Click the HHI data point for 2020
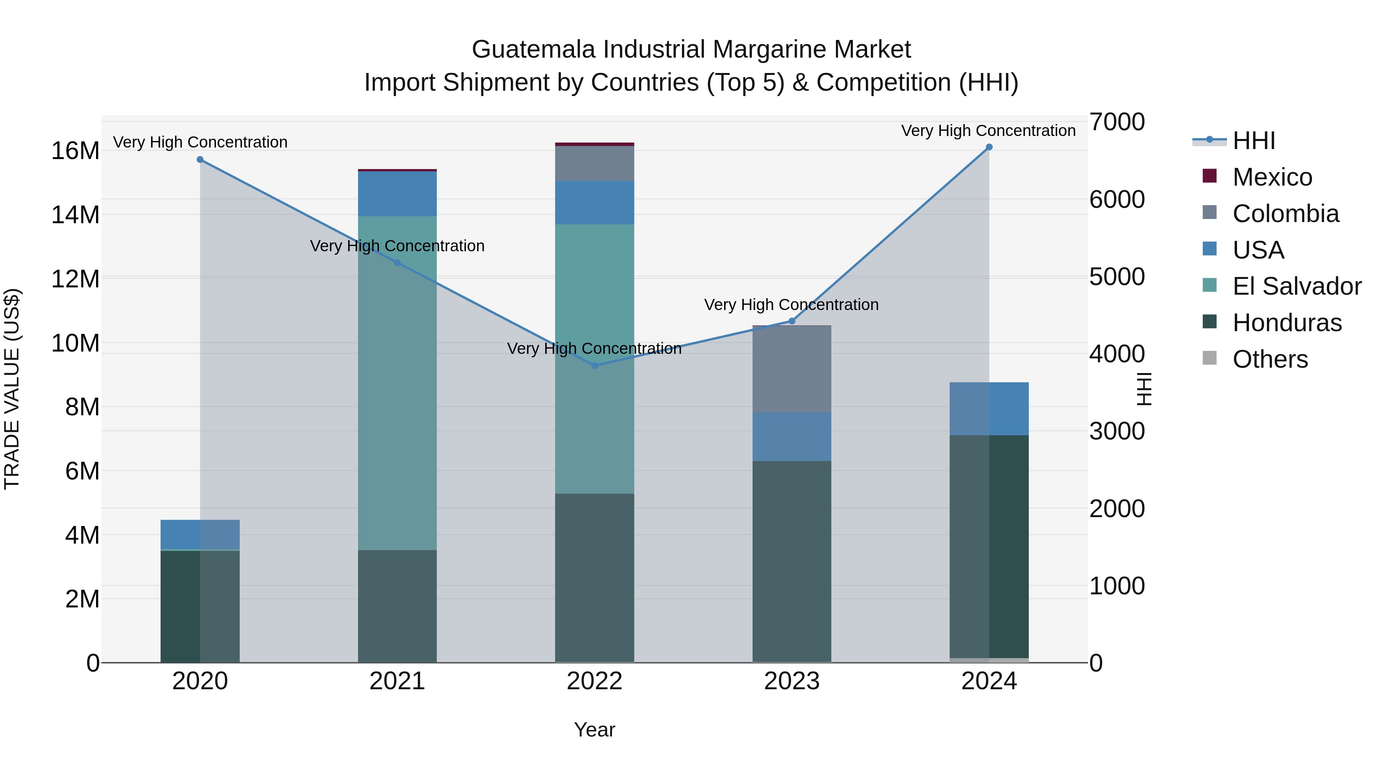click(x=200, y=159)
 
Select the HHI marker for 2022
click(x=594, y=366)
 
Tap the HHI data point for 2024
click(x=989, y=147)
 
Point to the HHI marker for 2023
click(x=792, y=321)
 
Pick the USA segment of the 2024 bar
click(x=989, y=409)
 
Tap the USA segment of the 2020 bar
click(x=200, y=534)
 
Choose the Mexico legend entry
click(x=1272, y=177)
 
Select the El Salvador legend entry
click(x=1296, y=286)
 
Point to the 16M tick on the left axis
click(x=75, y=151)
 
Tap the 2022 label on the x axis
click(x=594, y=681)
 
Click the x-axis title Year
click(x=594, y=730)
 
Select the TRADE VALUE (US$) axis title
click(x=12, y=389)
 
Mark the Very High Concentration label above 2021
click(x=397, y=246)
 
